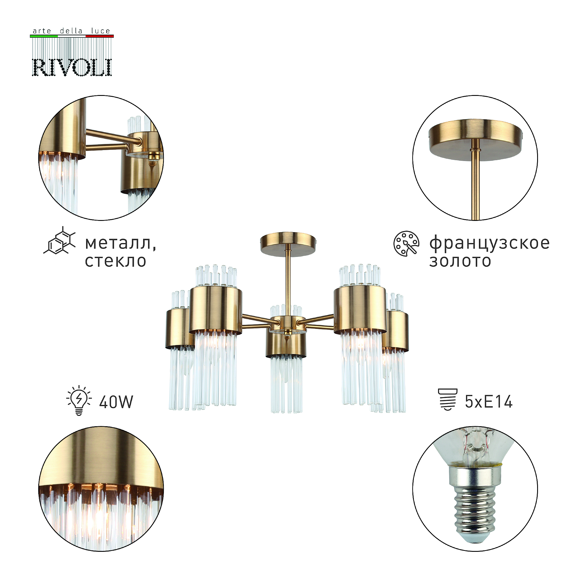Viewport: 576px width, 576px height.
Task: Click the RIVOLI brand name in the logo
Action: [72, 67]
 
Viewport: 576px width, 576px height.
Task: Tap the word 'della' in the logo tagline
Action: [71, 31]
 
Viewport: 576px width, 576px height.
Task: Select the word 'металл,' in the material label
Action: [121, 243]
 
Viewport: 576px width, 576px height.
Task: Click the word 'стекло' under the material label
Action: [116, 261]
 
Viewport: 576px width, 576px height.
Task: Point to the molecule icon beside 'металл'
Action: [60, 240]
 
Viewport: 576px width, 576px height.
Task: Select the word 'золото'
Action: [460, 261]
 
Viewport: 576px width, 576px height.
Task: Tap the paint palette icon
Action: [406, 243]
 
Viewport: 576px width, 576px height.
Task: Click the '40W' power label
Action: [116, 402]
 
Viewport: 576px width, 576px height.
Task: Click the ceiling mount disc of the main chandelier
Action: [288, 244]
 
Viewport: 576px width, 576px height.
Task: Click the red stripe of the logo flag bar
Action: [100, 36]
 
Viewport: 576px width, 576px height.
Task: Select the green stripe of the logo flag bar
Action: [44, 36]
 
